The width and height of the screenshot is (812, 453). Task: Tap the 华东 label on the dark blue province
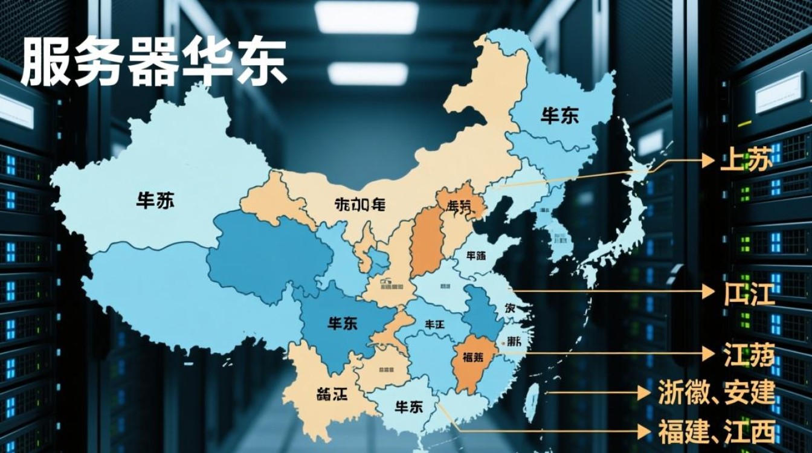(x=342, y=323)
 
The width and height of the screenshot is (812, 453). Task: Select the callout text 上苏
(x=746, y=161)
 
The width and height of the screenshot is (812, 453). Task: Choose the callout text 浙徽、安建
(x=717, y=393)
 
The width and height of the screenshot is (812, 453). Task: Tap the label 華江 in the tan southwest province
(x=332, y=395)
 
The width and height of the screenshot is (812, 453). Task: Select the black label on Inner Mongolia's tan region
(x=359, y=205)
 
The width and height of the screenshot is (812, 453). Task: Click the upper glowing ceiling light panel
(x=366, y=17)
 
